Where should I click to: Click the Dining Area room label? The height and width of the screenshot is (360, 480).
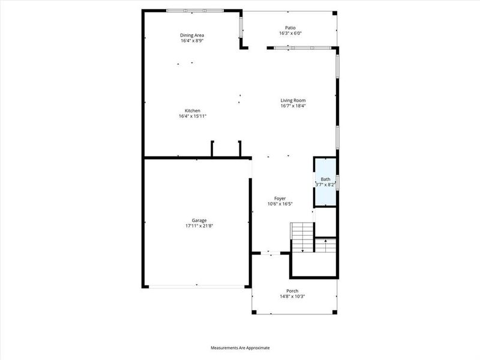pyautogui.click(x=192, y=35)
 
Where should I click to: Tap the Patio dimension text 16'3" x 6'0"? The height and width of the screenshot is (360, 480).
pyautogui.click(x=290, y=34)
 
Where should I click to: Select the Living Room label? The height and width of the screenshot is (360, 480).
pyautogui.click(x=293, y=100)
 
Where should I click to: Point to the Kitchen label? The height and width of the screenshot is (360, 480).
pyautogui.click(x=192, y=110)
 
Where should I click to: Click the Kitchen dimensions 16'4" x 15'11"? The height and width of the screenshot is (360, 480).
pyautogui.click(x=192, y=116)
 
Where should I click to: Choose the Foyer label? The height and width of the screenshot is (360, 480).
pyautogui.click(x=280, y=198)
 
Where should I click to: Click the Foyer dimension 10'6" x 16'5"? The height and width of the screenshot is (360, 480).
pyautogui.click(x=280, y=204)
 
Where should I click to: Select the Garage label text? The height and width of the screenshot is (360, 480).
pyautogui.click(x=192, y=220)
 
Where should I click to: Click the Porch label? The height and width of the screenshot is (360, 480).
pyautogui.click(x=292, y=291)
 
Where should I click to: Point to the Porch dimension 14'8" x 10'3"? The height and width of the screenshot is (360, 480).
pyautogui.click(x=292, y=297)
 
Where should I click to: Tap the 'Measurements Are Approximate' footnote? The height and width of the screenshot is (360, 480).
pyautogui.click(x=240, y=348)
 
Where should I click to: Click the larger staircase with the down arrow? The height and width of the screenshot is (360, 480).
pyautogui.click(x=302, y=236)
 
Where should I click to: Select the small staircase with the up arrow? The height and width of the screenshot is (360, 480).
pyautogui.click(x=325, y=245)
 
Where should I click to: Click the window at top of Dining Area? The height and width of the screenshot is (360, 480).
pyautogui.click(x=195, y=10)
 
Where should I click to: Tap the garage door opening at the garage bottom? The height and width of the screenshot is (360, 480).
pyautogui.click(x=197, y=287)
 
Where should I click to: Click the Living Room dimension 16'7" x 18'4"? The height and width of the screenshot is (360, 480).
pyautogui.click(x=293, y=106)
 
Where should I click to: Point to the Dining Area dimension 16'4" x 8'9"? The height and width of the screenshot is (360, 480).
pyautogui.click(x=192, y=41)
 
